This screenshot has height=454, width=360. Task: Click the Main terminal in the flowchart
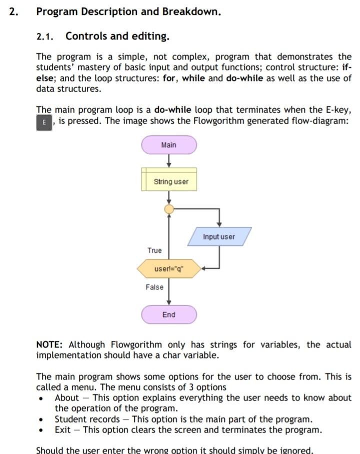169,145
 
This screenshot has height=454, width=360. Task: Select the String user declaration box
169,181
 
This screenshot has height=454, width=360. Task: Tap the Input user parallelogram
219,237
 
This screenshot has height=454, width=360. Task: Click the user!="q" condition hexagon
169,269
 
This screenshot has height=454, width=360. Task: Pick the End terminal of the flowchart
169,315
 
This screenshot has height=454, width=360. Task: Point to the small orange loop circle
169,209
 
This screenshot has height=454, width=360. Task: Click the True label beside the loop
154,250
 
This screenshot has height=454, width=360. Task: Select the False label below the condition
154,287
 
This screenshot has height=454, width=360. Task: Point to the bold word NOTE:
49,344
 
